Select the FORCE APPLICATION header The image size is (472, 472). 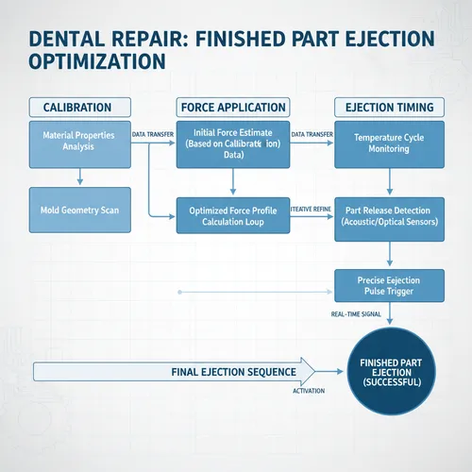tap(231, 108)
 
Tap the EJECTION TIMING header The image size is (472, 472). tap(388, 108)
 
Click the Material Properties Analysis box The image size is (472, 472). tap(78, 143)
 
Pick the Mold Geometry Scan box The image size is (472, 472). tap(78, 209)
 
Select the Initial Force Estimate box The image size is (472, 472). tap(231, 144)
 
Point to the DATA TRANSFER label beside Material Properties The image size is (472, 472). tap(152, 135)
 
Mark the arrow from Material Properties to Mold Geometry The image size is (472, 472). tap(78, 176)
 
